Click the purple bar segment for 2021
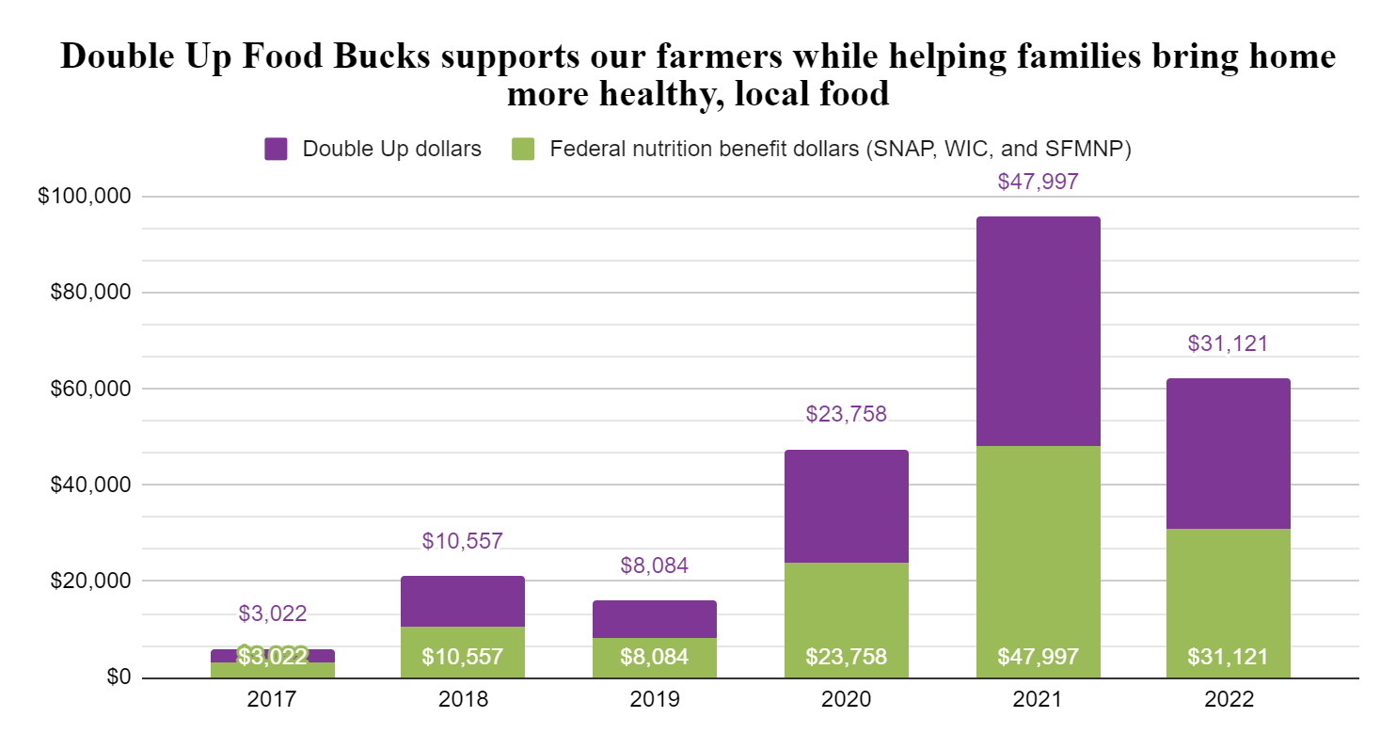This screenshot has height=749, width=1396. point(1038,331)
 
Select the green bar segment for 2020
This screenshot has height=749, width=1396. point(846,602)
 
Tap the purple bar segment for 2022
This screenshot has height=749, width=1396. point(1228,454)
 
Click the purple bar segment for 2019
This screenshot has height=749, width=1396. point(654,619)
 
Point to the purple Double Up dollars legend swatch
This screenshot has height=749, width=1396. point(276,149)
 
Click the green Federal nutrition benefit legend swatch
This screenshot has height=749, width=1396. point(524,149)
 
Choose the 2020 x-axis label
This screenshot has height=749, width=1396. point(846,701)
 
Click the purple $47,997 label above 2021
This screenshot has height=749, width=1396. point(1038,182)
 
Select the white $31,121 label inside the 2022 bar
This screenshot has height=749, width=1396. point(1228,657)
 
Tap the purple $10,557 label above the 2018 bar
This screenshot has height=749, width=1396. point(462,541)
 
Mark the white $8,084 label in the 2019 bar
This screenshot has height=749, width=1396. point(654,657)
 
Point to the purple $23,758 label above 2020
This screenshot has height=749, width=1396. point(846,413)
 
